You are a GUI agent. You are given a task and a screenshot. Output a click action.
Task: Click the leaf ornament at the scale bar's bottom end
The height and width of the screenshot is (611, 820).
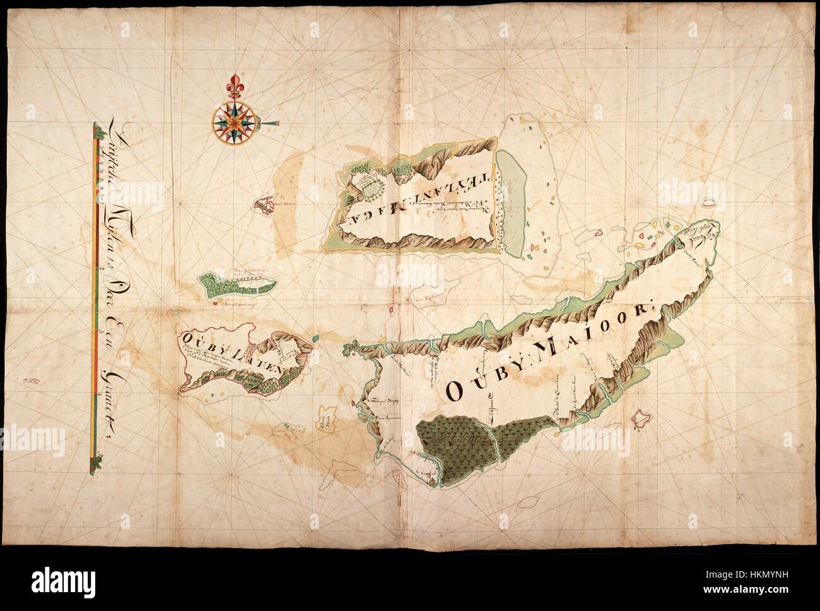96,465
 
